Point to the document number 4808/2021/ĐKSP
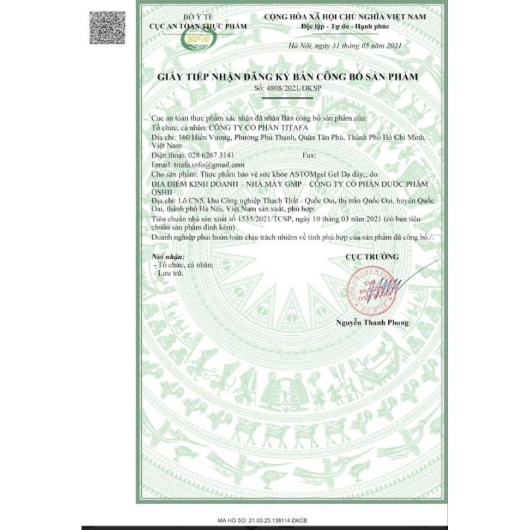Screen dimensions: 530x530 point(288,88)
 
